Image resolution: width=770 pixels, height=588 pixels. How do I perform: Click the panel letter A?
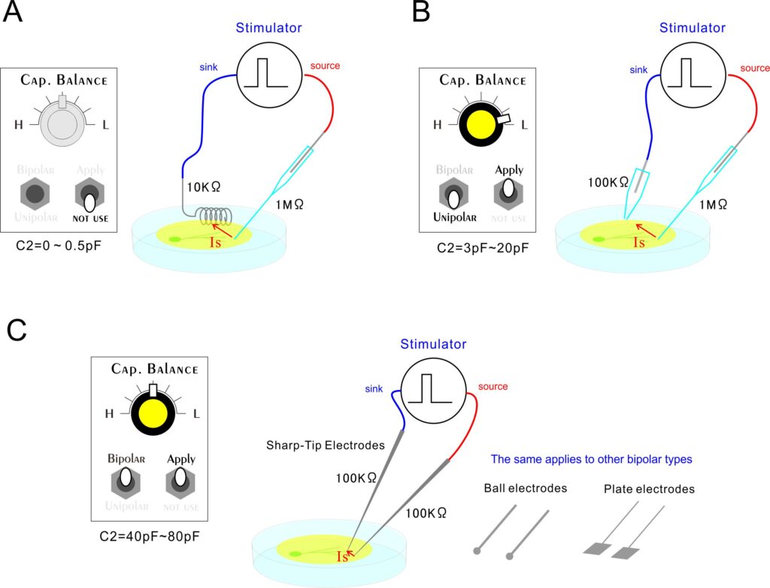pos(13,13)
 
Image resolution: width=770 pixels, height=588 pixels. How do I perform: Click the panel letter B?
pos(423,13)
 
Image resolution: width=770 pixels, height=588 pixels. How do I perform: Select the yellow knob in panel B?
pos(479,123)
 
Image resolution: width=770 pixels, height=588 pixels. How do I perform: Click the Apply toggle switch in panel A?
pos(90,196)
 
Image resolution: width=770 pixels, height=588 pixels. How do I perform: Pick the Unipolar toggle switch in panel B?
pos(453,194)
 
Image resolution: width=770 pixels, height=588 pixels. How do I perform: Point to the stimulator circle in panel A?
pos(269,75)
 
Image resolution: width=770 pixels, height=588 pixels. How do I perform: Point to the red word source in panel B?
pos(754,69)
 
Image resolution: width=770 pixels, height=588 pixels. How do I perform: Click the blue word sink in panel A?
pos(208,67)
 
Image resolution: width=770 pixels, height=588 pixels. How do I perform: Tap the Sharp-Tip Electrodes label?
pos(325,445)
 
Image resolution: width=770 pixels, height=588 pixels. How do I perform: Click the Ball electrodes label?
pos(525,489)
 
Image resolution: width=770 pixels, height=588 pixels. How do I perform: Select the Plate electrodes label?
pos(649,489)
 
